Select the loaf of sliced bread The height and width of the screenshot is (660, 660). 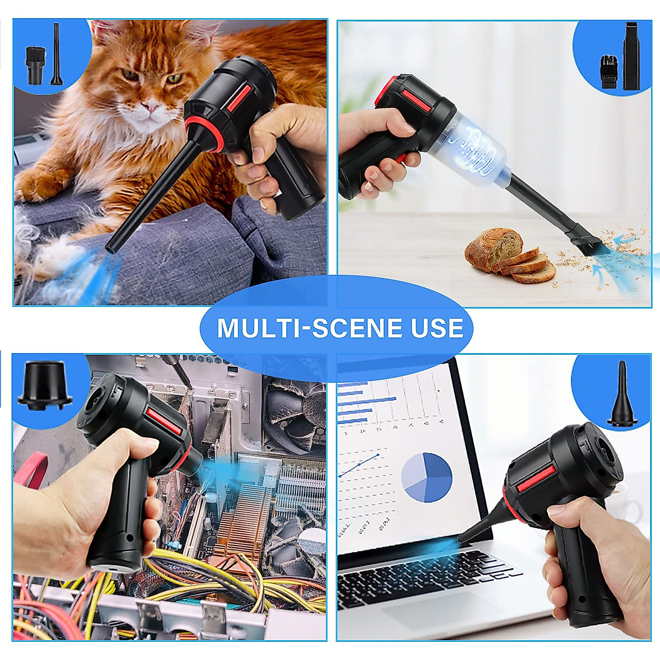click(x=509, y=256)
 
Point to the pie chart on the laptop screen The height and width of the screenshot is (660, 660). click(x=426, y=477)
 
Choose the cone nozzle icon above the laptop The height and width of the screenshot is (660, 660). click(x=621, y=394)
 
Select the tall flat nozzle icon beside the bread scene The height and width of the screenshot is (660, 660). click(x=630, y=56)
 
